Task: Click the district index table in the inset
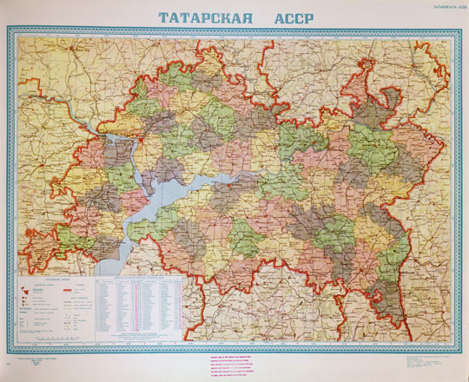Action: [x=144, y=303]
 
